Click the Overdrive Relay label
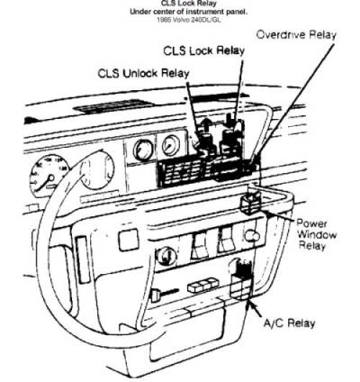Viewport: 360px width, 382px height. point(296,35)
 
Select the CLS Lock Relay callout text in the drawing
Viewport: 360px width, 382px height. point(204,50)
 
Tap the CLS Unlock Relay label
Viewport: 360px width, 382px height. point(144,73)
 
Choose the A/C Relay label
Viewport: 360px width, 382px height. point(289,323)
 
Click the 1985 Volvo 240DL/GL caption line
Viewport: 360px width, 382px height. point(189,20)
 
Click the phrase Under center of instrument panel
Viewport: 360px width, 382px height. point(189,12)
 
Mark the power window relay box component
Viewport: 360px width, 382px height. point(251,204)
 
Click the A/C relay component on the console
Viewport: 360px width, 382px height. point(241,281)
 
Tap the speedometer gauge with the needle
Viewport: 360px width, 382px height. point(49,175)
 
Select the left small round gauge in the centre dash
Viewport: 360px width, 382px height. point(142,150)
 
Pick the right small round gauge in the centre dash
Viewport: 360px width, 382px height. point(170,146)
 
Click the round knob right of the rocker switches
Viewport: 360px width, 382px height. point(252,236)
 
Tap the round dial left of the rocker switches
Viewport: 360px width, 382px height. point(166,256)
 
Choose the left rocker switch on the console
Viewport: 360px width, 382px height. point(199,246)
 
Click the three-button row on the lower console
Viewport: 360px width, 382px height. point(203,286)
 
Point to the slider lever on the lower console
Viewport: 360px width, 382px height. point(165,293)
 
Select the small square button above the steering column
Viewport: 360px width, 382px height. point(129,241)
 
